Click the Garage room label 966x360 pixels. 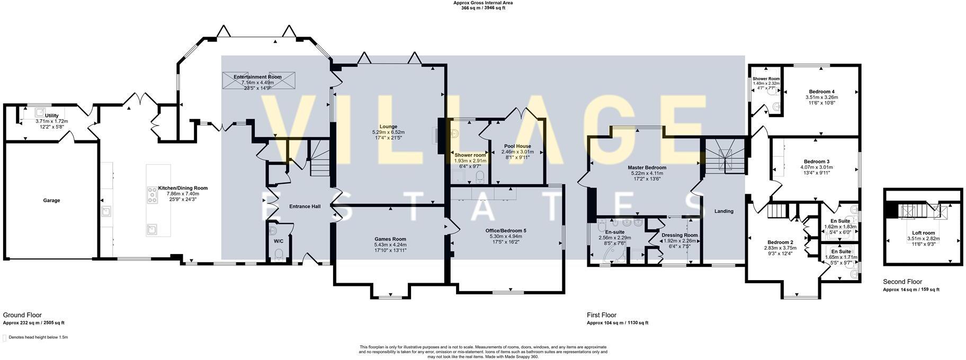51,201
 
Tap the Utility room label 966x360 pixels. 51,115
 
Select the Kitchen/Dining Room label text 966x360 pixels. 183,188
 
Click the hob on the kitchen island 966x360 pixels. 152,197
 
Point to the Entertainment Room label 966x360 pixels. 257,77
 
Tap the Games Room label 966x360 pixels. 390,239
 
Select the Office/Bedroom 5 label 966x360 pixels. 506,230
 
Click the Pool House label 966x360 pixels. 517,146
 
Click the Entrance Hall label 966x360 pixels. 305,206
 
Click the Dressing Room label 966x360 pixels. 679,235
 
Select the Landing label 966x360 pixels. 723,211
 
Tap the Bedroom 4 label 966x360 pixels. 821,92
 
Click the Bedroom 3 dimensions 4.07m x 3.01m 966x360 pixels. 816,167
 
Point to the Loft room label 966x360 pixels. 923,232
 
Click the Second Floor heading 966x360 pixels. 902,282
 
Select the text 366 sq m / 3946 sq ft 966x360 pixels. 482,8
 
